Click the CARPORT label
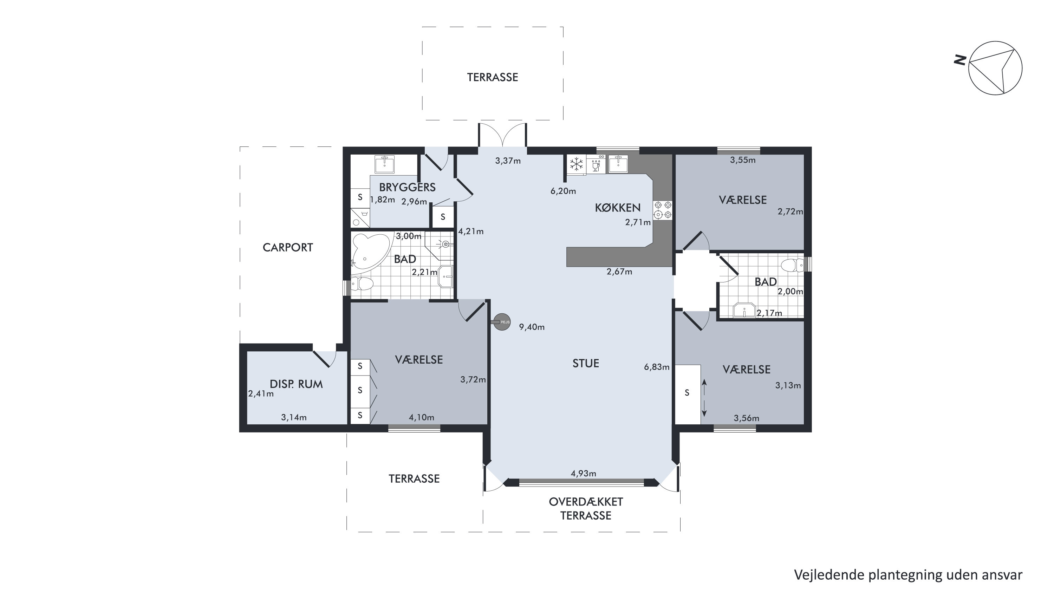(x=288, y=247)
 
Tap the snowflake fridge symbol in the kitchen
(x=577, y=164)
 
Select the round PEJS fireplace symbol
(x=502, y=322)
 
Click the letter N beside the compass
(x=960, y=60)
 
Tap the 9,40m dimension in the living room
(x=532, y=327)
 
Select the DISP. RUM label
(x=296, y=384)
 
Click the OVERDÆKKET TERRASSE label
(x=586, y=508)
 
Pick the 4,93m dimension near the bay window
(x=584, y=474)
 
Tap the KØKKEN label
(x=617, y=208)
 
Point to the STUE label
(x=586, y=363)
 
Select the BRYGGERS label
(x=407, y=188)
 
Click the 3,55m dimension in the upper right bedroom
(x=743, y=160)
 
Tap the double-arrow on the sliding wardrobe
(x=704, y=398)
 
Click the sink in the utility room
(x=384, y=164)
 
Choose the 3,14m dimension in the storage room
(x=294, y=417)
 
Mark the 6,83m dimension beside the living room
(x=657, y=367)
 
